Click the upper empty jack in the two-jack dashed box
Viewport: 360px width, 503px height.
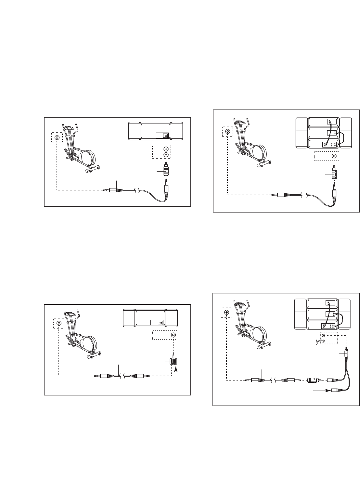(x=166, y=149)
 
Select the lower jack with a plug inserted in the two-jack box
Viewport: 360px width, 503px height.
(x=166, y=155)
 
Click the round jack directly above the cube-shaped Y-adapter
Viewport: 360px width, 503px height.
(x=174, y=335)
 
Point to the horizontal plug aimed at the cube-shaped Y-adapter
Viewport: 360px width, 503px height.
(x=140, y=376)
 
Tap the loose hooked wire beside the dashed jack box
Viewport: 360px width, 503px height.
(x=319, y=341)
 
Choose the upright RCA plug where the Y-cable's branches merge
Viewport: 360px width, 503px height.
(x=347, y=354)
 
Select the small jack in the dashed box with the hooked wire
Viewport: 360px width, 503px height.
(x=323, y=335)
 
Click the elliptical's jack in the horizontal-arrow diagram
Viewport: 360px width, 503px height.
(x=227, y=312)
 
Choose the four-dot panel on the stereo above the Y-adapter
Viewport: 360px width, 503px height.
(x=160, y=323)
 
